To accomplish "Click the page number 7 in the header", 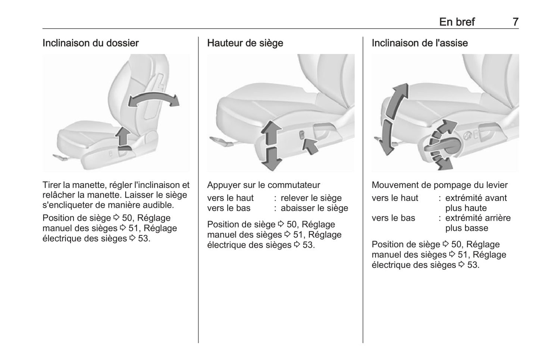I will pyautogui.click(x=515, y=22).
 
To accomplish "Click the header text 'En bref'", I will pyautogui.click(x=457, y=22).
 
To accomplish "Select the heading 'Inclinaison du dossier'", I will pyautogui.click(x=91, y=43).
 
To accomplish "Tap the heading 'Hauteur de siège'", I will pyautogui.click(x=245, y=43).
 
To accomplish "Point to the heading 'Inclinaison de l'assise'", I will pyautogui.click(x=420, y=43).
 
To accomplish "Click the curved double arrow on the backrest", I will pyautogui.click(x=153, y=100).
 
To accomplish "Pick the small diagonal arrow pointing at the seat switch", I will pyautogui.click(x=310, y=145).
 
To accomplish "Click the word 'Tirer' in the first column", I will pyautogui.click(x=51, y=185).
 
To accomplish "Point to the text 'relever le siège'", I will pyautogui.click(x=311, y=198).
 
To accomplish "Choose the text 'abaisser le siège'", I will pyautogui.click(x=314, y=208).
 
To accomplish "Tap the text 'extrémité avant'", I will pyautogui.click(x=476, y=198).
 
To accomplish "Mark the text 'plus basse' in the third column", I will pyautogui.click(x=466, y=228).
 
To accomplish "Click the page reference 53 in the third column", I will pyautogui.click(x=473, y=265).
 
